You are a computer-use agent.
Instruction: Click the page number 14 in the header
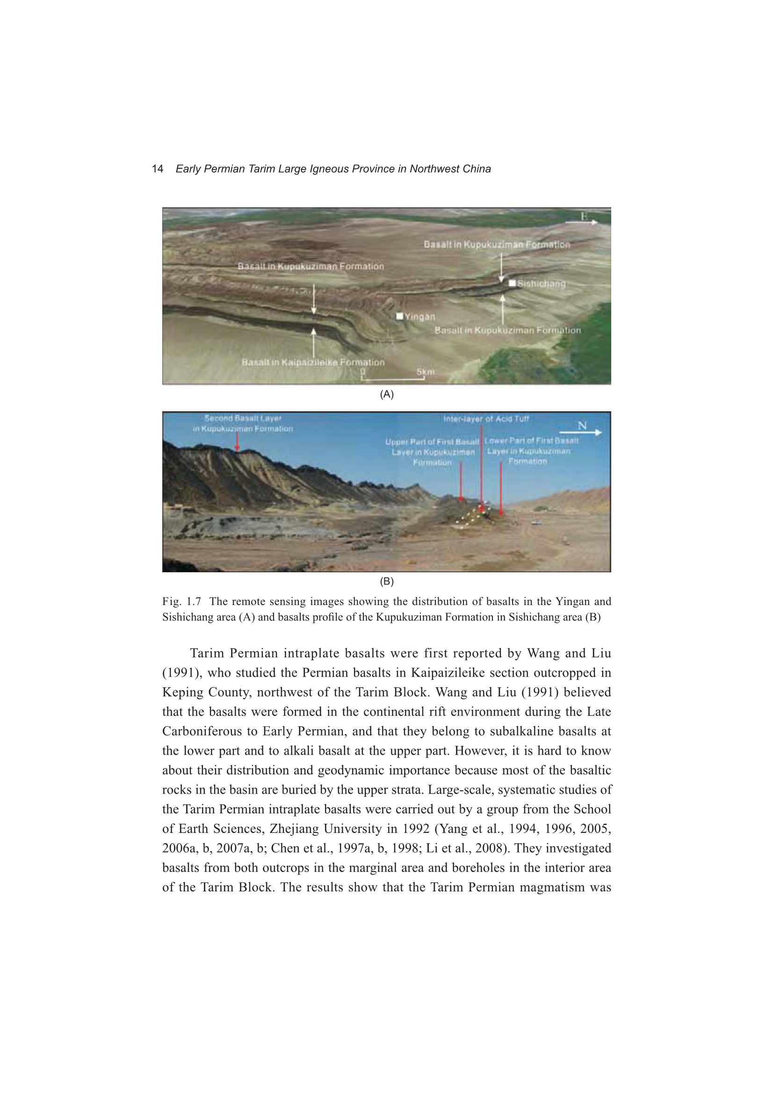pos(157,168)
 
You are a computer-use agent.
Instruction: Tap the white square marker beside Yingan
pos(400,316)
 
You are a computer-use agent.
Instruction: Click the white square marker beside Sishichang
pos(512,283)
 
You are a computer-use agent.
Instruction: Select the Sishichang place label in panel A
pos(542,284)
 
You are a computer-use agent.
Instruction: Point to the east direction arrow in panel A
pos(582,222)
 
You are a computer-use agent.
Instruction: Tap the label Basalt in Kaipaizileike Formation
pos(313,362)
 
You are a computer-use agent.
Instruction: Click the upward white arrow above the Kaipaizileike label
pos(313,341)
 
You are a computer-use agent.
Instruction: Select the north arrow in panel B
pos(580,432)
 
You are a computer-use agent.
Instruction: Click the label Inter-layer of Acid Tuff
pos(486,419)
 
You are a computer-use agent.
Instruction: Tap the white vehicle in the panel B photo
pos(537,523)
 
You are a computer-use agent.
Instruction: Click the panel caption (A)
pos(386,394)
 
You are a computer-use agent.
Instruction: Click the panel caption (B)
pos(386,581)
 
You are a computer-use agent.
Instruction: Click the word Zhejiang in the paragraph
pos(294,829)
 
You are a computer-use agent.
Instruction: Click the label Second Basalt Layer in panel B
pos(243,418)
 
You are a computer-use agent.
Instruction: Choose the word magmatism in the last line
pos(552,887)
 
